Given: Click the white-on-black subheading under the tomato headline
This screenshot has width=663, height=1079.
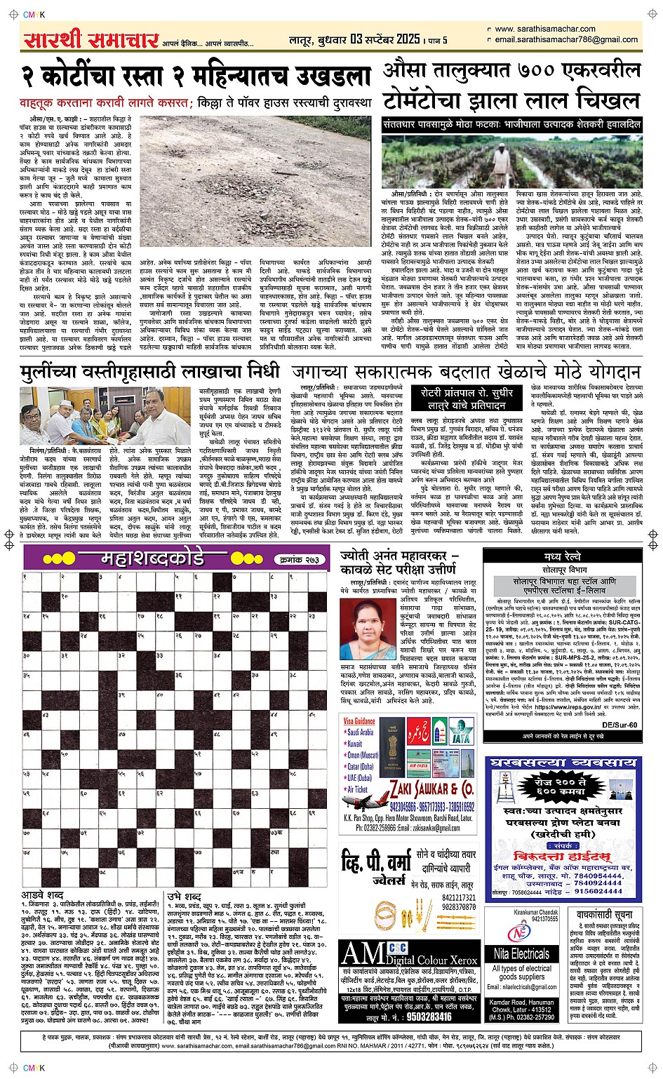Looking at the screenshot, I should (511, 124).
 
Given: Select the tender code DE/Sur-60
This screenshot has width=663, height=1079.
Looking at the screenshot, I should (620, 725).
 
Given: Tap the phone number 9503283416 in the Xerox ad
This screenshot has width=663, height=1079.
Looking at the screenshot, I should (429, 1016).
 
